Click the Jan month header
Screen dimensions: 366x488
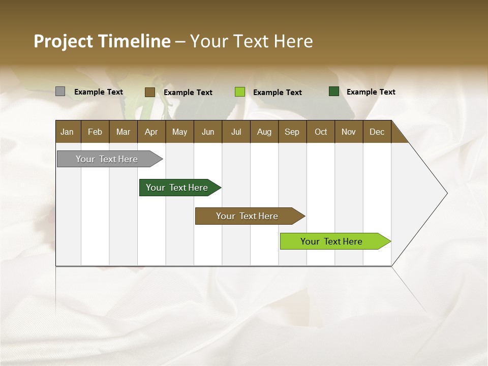pyautogui.click(x=68, y=132)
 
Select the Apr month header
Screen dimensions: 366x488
pyautogui.click(x=151, y=132)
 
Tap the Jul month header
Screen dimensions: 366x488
pyautogui.click(x=236, y=132)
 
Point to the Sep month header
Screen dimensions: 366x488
pyautogui.click(x=292, y=132)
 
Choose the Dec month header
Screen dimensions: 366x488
pyautogui.click(x=377, y=132)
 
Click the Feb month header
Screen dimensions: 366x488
pyautogui.click(x=95, y=132)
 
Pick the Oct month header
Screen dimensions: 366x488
pyautogui.click(x=321, y=132)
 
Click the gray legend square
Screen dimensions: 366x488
pyautogui.click(x=60, y=91)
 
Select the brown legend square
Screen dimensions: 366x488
pyautogui.click(x=150, y=92)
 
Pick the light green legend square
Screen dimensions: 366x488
pyautogui.click(x=240, y=92)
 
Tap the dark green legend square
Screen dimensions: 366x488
pyautogui.click(x=334, y=91)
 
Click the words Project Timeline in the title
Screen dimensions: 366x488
pyautogui.click(x=102, y=41)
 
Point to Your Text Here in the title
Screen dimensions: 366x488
pyautogui.click(x=251, y=41)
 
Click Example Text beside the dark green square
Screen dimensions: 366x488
pyautogui.click(x=371, y=92)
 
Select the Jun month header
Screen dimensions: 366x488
pyautogui.click(x=208, y=132)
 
